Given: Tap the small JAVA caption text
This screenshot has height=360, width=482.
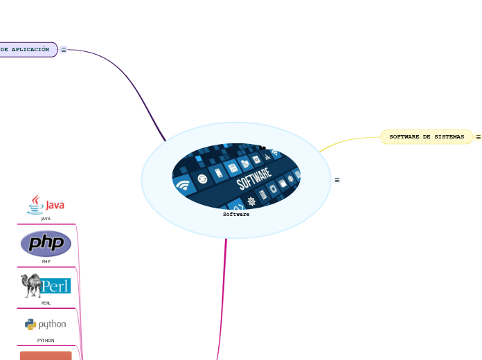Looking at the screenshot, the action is tap(46, 219).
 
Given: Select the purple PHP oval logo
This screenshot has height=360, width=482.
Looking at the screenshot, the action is tap(46, 243).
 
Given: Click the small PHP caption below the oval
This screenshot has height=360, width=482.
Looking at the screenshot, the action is tap(46, 262).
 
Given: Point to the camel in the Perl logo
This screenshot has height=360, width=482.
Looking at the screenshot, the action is tap(30, 285).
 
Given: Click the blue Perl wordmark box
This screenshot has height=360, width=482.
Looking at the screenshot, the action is tap(55, 285).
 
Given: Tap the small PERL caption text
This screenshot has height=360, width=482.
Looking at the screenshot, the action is tap(46, 303).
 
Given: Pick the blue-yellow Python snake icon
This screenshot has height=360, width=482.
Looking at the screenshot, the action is tap(30, 323).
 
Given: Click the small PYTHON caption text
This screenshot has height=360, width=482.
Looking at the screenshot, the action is tap(46, 341).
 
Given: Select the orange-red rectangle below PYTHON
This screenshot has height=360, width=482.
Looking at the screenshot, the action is tap(46, 355).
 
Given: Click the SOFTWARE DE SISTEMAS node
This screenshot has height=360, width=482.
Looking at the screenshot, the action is tap(427, 137).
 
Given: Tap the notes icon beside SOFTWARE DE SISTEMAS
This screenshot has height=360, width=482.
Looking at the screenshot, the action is tap(478, 137).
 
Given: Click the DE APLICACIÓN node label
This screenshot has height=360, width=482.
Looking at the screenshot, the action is tap(26, 50).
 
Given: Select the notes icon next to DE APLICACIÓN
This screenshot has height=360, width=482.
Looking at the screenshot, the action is tap(63, 50).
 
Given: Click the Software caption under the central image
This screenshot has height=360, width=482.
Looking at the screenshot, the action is tap(236, 215).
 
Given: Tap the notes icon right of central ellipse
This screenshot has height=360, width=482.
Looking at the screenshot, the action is tap(337, 180).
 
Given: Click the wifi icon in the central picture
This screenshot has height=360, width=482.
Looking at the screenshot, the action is tap(183, 186).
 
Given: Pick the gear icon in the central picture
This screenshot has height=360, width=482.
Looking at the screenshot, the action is tap(251, 201).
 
